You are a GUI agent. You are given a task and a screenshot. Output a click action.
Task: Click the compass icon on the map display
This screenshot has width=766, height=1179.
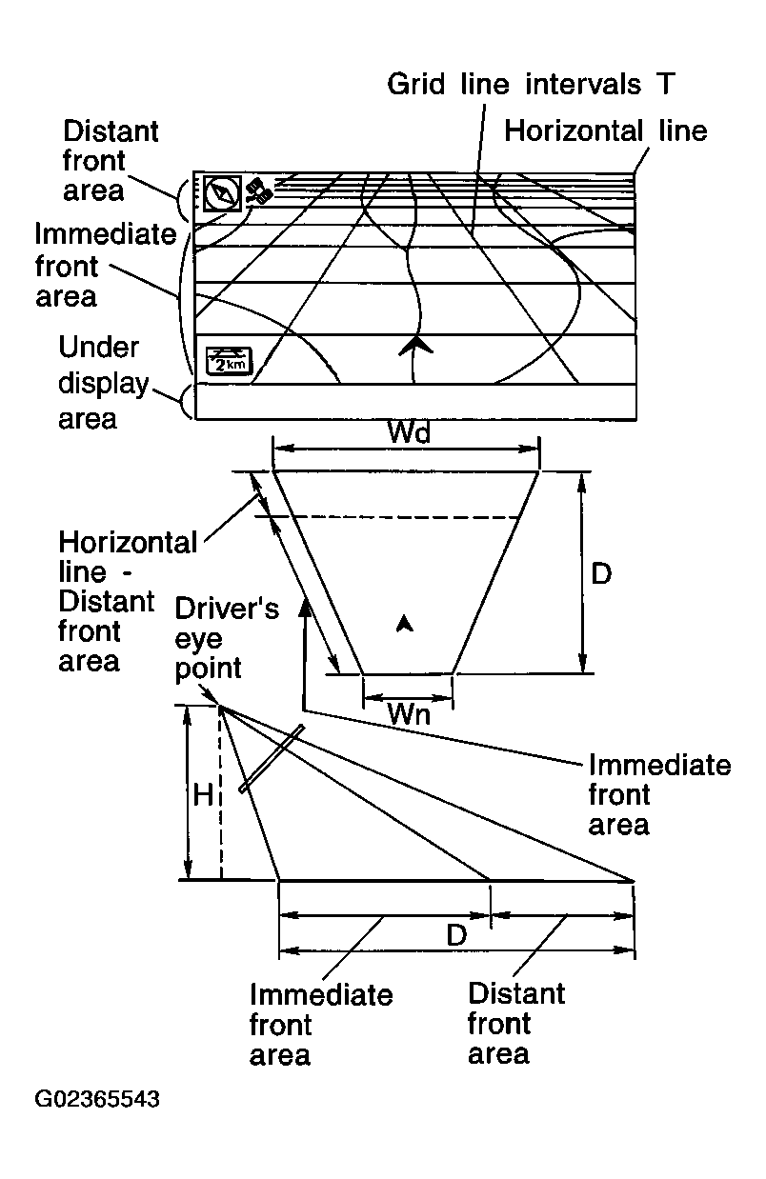pos(222,192)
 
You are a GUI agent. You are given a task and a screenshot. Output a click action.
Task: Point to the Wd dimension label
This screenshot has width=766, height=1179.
pos(409,433)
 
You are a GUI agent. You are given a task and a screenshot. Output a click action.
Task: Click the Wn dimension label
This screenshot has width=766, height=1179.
pos(408,713)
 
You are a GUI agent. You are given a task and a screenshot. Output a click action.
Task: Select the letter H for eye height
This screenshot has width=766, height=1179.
pos(204,795)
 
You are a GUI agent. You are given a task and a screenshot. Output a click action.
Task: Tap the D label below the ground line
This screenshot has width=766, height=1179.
pos(456,935)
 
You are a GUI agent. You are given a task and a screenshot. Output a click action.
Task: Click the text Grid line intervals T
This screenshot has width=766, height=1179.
pos(531,84)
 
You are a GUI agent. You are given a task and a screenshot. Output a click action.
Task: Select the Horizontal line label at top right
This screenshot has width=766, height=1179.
pos(606,130)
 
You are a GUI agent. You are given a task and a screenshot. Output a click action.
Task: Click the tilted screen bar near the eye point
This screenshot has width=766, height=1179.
pos(272,759)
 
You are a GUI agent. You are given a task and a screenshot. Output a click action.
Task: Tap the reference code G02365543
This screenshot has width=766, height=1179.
pos(96,1100)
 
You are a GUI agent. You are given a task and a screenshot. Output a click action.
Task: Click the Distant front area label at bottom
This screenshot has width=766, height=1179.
pos(515,1024)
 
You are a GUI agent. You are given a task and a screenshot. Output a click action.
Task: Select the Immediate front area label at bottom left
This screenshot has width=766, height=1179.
pos(320,1026)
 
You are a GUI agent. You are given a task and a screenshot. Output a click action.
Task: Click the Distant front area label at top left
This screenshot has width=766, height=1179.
pos(110,160)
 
